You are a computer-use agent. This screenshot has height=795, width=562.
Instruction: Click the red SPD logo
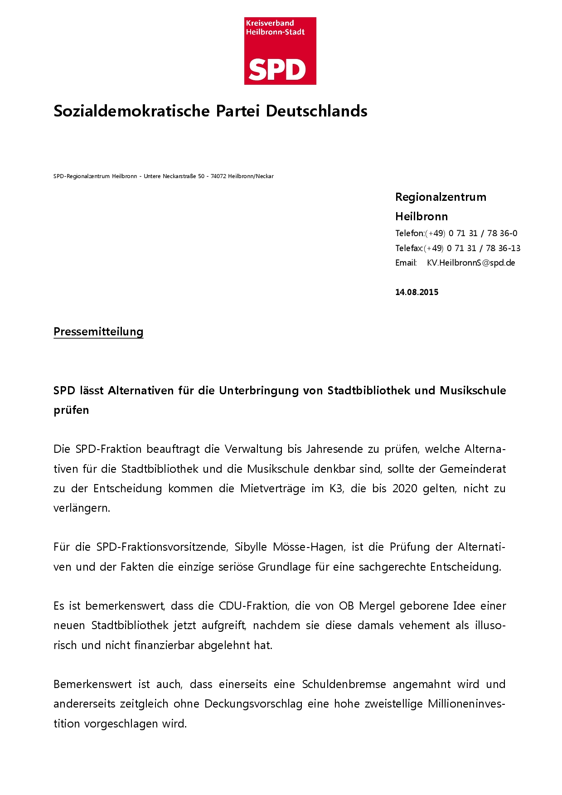(280, 51)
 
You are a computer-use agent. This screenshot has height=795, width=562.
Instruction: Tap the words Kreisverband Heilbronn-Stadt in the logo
(275, 28)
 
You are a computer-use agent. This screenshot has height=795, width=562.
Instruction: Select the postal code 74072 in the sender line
(218, 176)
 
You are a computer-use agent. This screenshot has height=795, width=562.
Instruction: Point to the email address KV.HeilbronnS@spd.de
(470, 263)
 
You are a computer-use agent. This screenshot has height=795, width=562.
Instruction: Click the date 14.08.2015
(417, 292)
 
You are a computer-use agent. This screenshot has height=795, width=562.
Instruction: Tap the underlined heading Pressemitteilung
(98, 332)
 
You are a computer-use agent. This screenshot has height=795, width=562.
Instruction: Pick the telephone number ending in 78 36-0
(483, 233)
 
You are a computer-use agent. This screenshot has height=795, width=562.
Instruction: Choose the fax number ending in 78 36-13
(483, 248)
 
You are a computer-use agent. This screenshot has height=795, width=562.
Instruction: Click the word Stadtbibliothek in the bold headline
(368, 391)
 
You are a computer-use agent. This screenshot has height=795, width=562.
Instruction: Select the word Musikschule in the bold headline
(473, 391)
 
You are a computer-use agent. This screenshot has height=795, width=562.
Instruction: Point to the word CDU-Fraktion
(253, 606)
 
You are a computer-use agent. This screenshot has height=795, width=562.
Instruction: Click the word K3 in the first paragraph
(336, 489)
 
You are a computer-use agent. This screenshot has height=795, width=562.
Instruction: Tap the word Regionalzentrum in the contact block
(441, 197)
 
